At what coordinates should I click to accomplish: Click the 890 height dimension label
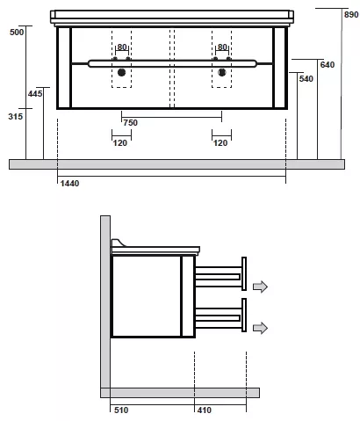pyautogui.click(x=351, y=15)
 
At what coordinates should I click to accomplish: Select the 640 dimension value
pyautogui.click(x=328, y=65)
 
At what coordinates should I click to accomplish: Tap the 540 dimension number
pyautogui.click(x=306, y=79)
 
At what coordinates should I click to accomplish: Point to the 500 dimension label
pyautogui.click(x=17, y=33)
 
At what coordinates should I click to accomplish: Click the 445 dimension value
pyautogui.click(x=35, y=94)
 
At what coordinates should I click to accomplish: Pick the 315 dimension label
pyautogui.click(x=16, y=117)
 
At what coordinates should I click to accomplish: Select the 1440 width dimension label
pyautogui.click(x=69, y=184)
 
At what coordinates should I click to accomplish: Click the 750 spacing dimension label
pyautogui.click(x=130, y=123)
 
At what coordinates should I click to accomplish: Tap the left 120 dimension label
pyautogui.click(x=120, y=143)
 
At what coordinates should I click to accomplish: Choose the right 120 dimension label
pyautogui.click(x=220, y=143)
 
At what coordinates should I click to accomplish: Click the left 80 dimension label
pyautogui.click(x=122, y=47)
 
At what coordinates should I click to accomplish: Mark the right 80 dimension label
pyautogui.click(x=222, y=47)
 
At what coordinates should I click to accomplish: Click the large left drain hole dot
pyautogui.click(x=121, y=72)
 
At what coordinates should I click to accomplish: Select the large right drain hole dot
pyautogui.click(x=222, y=72)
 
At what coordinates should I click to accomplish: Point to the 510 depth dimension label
pyautogui.click(x=121, y=410)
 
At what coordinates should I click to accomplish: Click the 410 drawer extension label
pyautogui.click(x=205, y=410)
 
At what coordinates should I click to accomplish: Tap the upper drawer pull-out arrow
pyautogui.click(x=260, y=287)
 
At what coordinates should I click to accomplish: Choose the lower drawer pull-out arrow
pyautogui.click(x=260, y=328)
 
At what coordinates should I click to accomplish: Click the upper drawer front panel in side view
pyautogui.click(x=244, y=273)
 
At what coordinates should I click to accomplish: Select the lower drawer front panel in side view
pyautogui.click(x=244, y=315)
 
